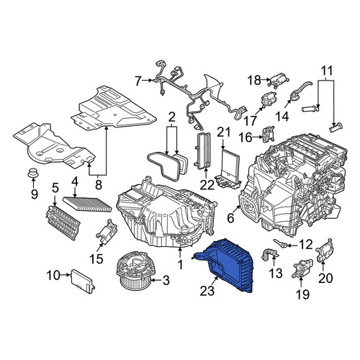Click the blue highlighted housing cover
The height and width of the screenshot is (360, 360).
pyautogui.click(x=228, y=265)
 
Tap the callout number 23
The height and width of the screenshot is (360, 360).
pyautogui.click(x=207, y=291)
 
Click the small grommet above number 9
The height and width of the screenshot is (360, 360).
pyautogui.click(x=33, y=173)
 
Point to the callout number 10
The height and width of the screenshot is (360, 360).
pyautogui.click(x=53, y=275)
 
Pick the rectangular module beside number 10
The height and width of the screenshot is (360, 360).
pyautogui.click(x=83, y=281)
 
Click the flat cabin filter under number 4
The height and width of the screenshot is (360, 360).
pyautogui.click(x=87, y=204)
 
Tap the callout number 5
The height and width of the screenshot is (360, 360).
pyautogui.click(x=55, y=189)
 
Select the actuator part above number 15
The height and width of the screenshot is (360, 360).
pyautogui.click(x=107, y=231)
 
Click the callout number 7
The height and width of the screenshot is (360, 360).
pyautogui.click(x=138, y=81)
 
